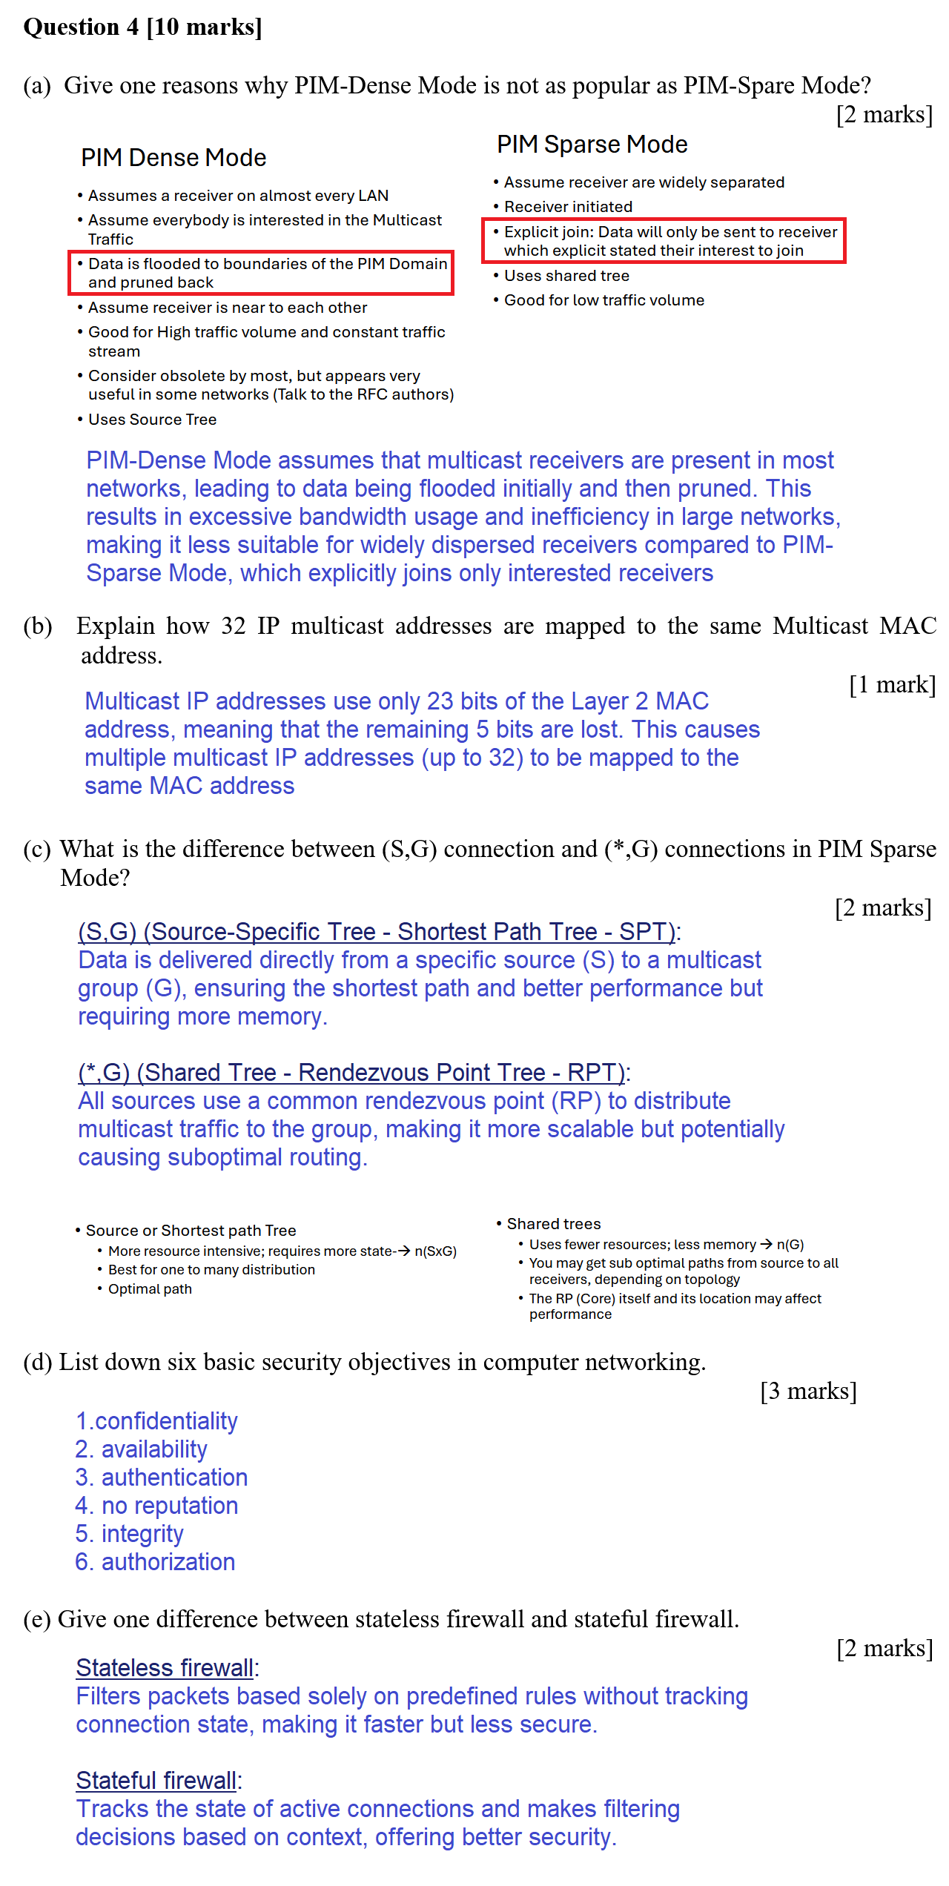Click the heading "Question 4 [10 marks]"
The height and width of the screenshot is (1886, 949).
(142, 27)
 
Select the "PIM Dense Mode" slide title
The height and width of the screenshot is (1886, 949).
(173, 158)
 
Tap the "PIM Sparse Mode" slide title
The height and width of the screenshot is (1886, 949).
(592, 145)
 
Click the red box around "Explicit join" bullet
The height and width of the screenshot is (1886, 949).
(664, 241)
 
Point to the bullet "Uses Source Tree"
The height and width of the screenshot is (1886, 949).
(152, 420)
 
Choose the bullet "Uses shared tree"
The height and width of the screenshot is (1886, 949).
(566, 276)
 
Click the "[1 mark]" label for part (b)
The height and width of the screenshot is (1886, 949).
(892, 684)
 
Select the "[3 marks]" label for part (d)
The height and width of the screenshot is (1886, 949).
(808, 1391)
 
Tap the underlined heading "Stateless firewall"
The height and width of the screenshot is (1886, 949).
(165, 1668)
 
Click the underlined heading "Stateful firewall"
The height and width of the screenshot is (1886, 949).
(156, 1781)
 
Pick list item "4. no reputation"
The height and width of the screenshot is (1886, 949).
(156, 1506)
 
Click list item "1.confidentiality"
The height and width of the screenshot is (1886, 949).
(156, 1421)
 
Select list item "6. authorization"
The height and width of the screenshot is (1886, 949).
(155, 1562)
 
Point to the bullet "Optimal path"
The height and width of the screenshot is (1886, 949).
(150, 1289)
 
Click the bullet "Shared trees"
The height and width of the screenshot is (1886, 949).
(553, 1224)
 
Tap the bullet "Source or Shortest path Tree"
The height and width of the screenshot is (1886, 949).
(191, 1231)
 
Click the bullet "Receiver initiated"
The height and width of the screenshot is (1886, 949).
(568, 207)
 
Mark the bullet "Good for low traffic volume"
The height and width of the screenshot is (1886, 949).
(604, 300)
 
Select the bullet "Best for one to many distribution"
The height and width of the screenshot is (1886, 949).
(211, 1270)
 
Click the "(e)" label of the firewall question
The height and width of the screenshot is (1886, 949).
(37, 1619)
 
